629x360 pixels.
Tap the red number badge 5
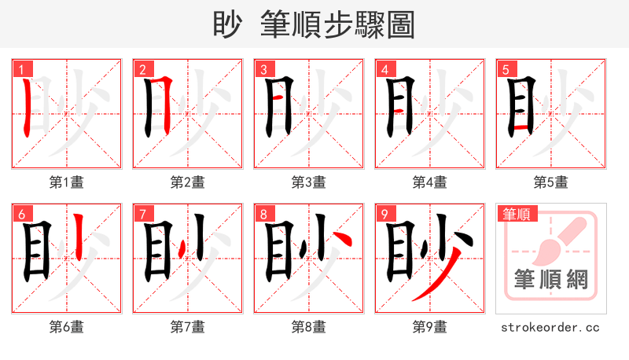click(x=506, y=69)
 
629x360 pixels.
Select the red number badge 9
click(x=384, y=214)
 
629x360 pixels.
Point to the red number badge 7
click(x=142, y=214)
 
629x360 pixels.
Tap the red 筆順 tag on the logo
click(x=517, y=214)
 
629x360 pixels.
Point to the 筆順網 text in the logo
click(x=551, y=279)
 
